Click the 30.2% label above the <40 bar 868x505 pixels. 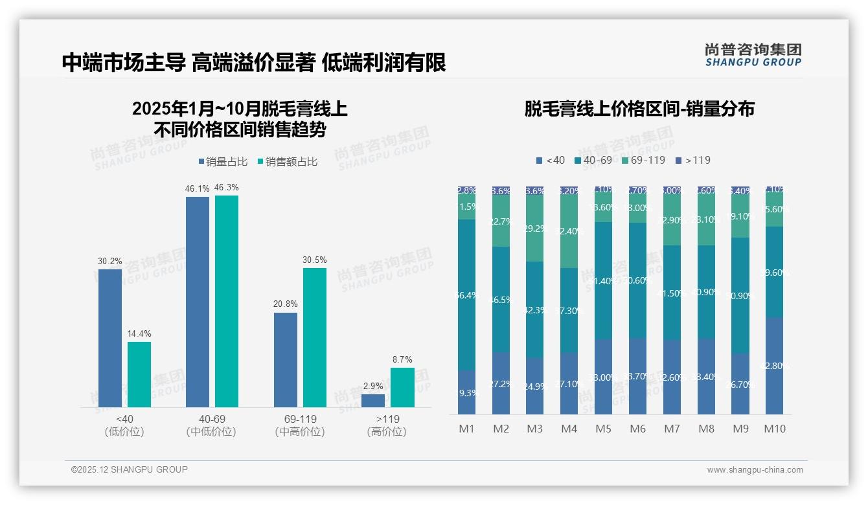[110, 262]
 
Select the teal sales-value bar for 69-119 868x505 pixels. [315, 337]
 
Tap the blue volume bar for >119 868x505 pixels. [373, 400]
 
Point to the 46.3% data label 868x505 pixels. [227, 188]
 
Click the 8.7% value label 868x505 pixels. [402, 360]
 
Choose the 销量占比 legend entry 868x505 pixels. [223, 162]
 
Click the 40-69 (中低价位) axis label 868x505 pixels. [212, 425]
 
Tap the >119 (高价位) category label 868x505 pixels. [387, 425]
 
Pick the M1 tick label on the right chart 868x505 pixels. [466, 429]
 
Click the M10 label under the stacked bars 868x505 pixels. [775, 429]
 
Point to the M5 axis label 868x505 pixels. [603, 429]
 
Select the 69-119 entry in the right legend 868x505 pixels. [643, 160]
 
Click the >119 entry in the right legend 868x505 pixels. [693, 160]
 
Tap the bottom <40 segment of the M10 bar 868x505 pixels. [775, 366]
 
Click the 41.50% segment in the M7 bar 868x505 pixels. [672, 293]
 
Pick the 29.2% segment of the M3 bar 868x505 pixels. [534, 229]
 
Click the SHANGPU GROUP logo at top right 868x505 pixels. [753, 55]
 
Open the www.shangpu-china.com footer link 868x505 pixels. [755, 470]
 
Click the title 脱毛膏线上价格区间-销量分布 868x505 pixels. [639, 109]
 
